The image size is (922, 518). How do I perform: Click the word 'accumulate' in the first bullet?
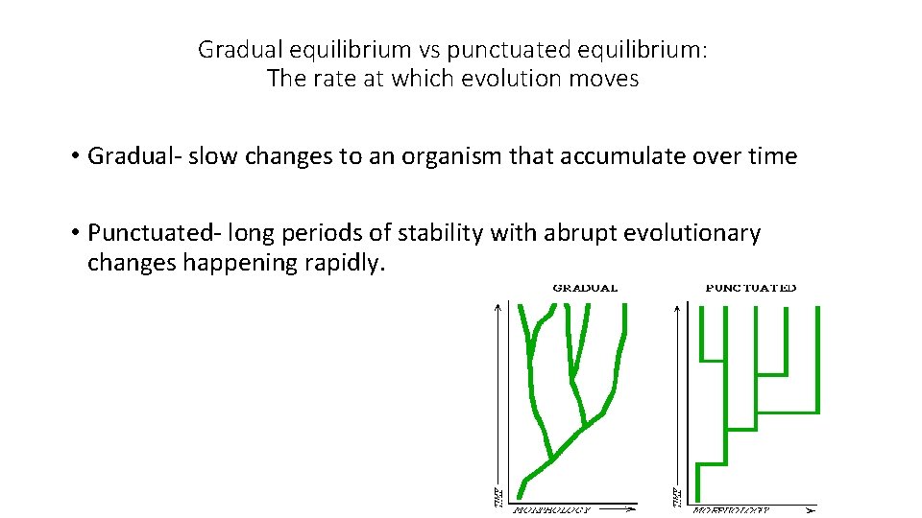pyautogui.click(x=638, y=156)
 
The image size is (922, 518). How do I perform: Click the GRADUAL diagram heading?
pyautogui.click(x=585, y=288)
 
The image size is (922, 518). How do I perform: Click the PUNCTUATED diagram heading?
pyautogui.click(x=751, y=288)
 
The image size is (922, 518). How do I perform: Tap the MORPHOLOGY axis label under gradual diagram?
pyautogui.click(x=552, y=510)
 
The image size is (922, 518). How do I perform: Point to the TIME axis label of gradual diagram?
pyautogui.click(x=496, y=497)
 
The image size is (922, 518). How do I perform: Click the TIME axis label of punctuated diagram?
pyautogui.click(x=674, y=497)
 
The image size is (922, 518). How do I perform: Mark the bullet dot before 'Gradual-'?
pyautogui.click(x=73, y=157)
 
